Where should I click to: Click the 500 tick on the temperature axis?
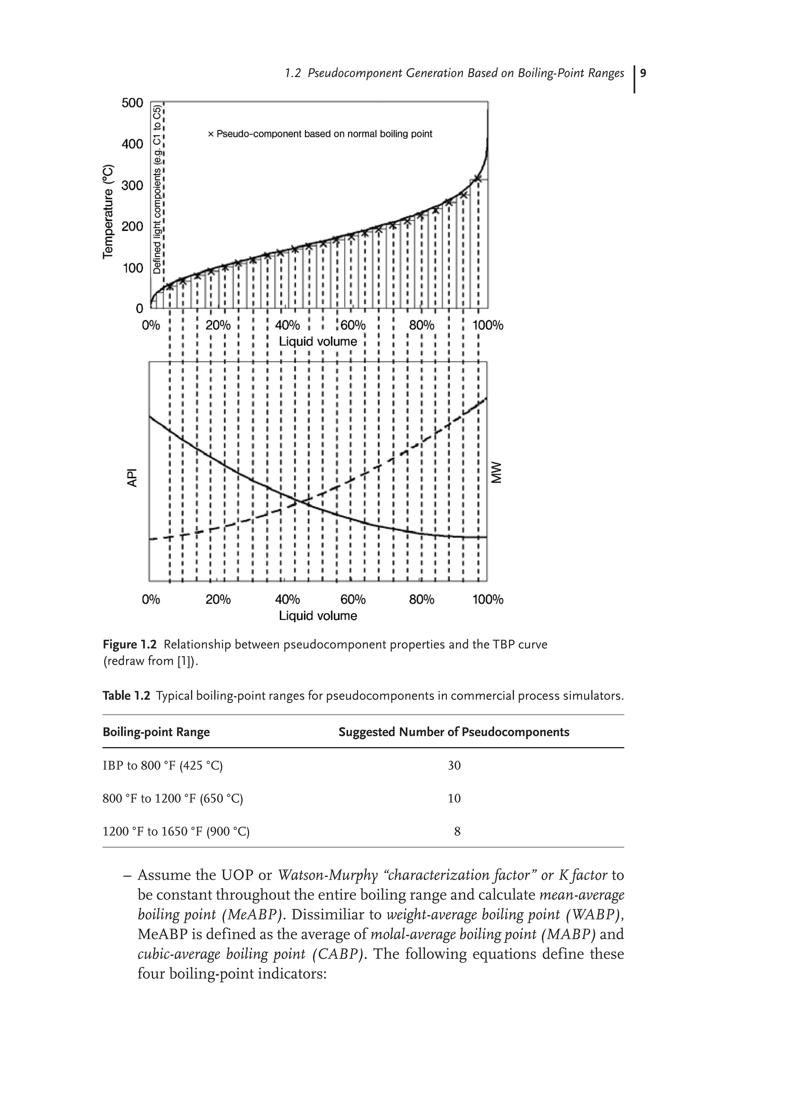[132, 103]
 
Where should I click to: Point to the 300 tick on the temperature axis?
[132, 185]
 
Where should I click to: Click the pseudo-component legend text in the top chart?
[320, 134]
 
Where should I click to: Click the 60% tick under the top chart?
[353, 325]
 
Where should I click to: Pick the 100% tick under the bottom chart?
[488, 599]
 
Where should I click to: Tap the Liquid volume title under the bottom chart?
[317, 616]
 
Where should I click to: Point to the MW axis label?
[496, 472]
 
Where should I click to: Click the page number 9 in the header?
[643, 73]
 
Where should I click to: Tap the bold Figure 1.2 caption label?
[130, 645]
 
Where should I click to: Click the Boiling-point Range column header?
[156, 732]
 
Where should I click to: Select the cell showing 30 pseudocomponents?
[454, 766]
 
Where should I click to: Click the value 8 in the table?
[457, 832]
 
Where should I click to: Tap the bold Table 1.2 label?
[126, 695]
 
